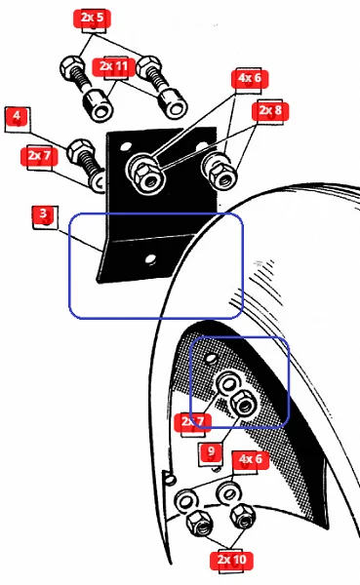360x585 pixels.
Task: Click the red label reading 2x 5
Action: pyautogui.click(x=93, y=18)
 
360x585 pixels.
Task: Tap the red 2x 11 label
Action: pyautogui.click(x=113, y=66)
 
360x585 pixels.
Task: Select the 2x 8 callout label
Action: pyautogui.click(x=270, y=110)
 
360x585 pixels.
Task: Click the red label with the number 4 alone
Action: pyautogui.click(x=17, y=116)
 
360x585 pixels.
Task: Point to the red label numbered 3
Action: pyautogui.click(x=44, y=214)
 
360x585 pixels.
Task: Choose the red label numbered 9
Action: pyautogui.click(x=211, y=451)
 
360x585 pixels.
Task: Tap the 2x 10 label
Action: pyautogui.click(x=232, y=560)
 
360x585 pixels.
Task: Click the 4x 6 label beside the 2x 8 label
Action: pyautogui.click(x=250, y=78)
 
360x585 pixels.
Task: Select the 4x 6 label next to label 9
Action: pyautogui.click(x=251, y=459)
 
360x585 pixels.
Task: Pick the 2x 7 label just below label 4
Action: pyautogui.click(x=39, y=156)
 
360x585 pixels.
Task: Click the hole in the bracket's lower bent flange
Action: pyautogui.click(x=150, y=259)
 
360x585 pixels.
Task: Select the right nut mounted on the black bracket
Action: pyautogui.click(x=221, y=175)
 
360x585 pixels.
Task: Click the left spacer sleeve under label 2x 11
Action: pyautogui.click(x=98, y=105)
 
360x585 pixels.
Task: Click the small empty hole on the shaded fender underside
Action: pyautogui.click(x=211, y=359)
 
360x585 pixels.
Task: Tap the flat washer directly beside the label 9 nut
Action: pyautogui.click(x=227, y=383)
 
